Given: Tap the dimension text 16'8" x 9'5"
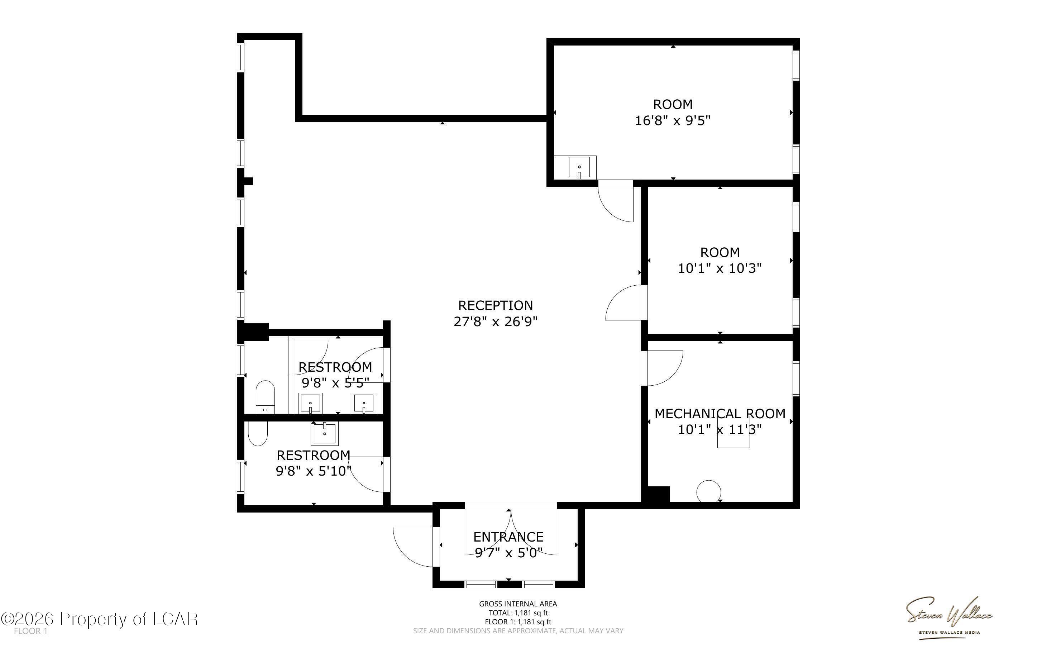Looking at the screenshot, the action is pos(673,120).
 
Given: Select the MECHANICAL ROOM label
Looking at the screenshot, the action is pos(720,414).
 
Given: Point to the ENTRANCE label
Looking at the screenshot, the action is pos(508,537).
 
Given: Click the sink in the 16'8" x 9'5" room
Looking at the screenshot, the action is pos(579,167).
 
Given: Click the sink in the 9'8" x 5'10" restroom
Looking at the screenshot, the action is pos(325,434).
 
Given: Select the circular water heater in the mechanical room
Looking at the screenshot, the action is pos(708,491).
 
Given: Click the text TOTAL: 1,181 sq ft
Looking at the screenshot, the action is pos(518,613).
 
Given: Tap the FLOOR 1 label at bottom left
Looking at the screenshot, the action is pos(30,631).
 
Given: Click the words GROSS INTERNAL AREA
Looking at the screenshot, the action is pos(518,604).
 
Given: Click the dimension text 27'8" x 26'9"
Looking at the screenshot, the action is pos(496,321).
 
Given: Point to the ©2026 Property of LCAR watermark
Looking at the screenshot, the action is pos(99,619).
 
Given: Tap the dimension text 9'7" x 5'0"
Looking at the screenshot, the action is pos(508,553).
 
